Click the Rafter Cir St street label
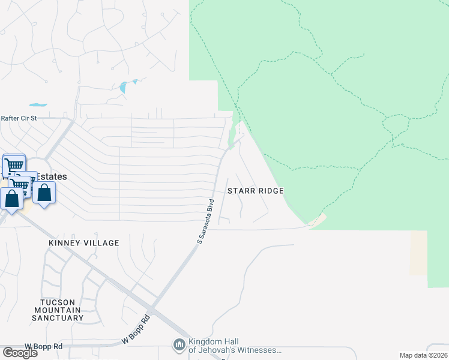tap(19, 118)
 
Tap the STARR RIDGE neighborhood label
tap(255, 191)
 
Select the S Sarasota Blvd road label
tap(206, 220)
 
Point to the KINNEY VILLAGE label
tap(85, 243)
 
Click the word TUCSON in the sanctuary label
tap(58, 302)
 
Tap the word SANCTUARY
tap(58, 317)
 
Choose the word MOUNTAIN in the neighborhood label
tap(58, 310)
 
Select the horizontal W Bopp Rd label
tap(43, 347)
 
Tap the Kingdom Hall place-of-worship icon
tap(179, 344)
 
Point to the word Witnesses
tap(261, 350)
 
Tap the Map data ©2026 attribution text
tap(423, 355)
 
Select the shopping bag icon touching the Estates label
tap(44, 193)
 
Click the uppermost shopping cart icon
tap(14, 164)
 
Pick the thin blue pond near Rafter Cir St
tap(38, 105)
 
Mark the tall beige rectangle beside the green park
tap(418, 253)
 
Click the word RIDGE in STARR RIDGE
tap(270, 191)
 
